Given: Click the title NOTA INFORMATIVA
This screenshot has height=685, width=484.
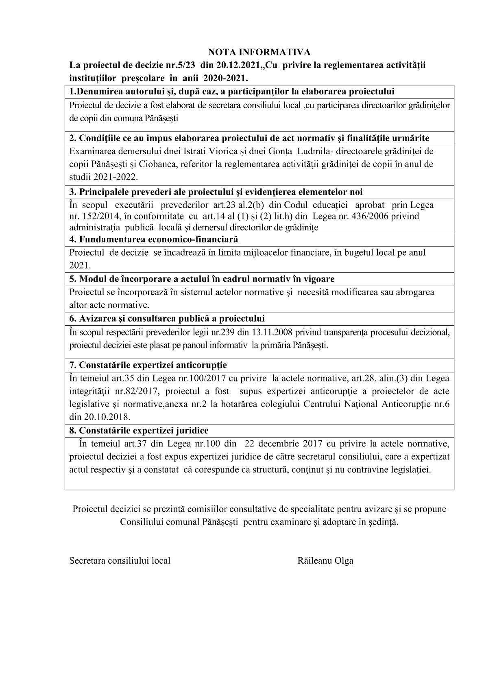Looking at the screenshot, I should [x=259, y=52].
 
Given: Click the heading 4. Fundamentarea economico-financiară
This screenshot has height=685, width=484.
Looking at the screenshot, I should [x=153, y=239].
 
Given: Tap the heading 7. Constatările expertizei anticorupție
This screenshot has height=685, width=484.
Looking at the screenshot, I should [x=148, y=365].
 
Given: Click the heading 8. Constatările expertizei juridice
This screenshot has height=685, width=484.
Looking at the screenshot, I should [x=139, y=430].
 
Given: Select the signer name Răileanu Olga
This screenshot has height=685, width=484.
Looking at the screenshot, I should [x=325, y=560].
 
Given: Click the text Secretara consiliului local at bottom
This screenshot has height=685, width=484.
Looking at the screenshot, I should [x=120, y=560].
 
